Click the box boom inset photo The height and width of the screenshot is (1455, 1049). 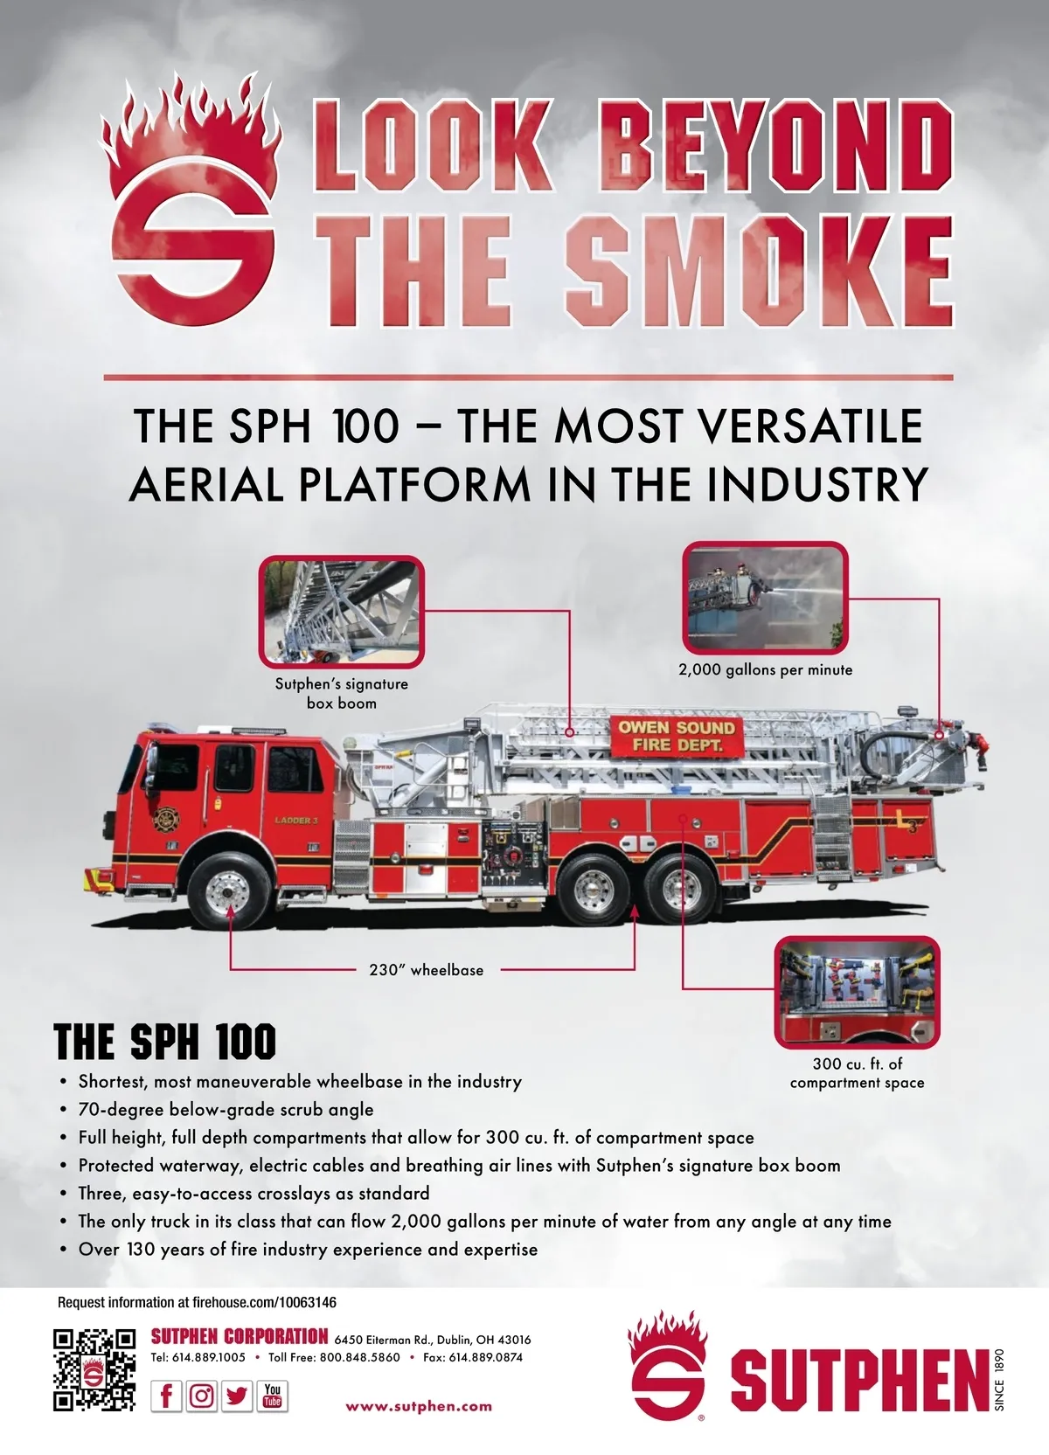(342, 611)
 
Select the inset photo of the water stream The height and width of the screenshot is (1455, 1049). (766, 598)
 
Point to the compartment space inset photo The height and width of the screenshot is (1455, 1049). (858, 992)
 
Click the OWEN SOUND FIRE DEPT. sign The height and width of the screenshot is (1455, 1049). (677, 736)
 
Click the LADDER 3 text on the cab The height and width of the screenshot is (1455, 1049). (296, 821)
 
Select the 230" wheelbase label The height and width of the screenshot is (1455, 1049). (427, 970)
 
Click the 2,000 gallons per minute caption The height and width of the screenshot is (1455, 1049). (766, 669)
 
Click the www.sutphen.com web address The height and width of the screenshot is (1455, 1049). (419, 1407)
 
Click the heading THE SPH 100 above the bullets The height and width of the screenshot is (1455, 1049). (164, 1042)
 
